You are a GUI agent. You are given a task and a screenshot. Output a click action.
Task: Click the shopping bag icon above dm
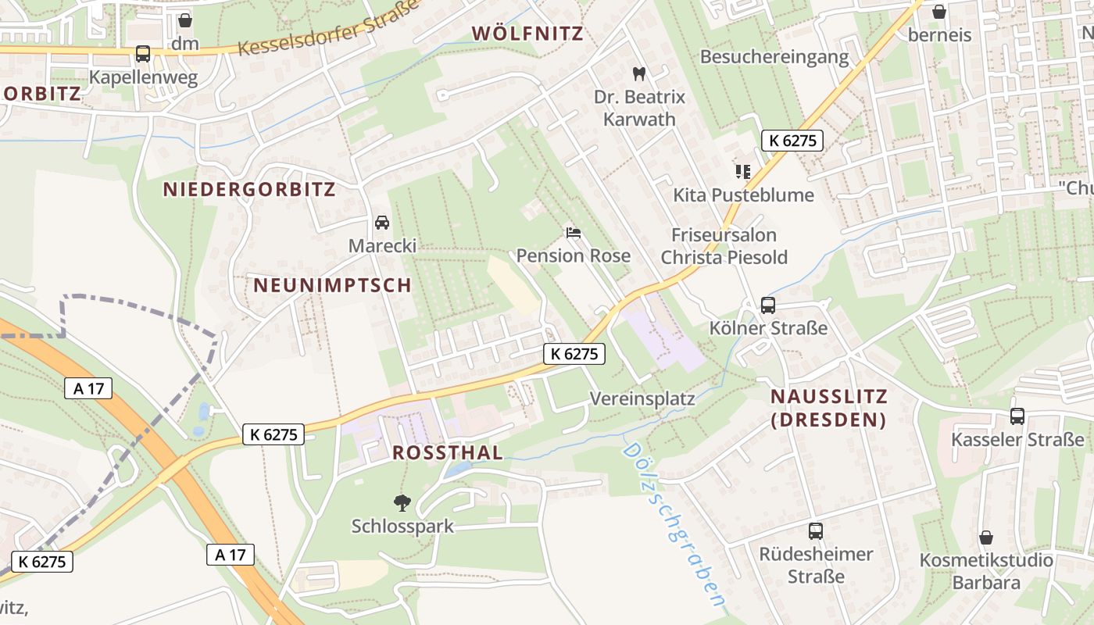[185, 20]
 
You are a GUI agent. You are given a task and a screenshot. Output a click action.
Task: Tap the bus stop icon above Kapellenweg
[143, 54]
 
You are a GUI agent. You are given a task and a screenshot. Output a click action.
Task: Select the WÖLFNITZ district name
[528, 34]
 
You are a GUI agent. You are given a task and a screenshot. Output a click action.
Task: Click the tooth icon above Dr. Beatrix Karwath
[639, 74]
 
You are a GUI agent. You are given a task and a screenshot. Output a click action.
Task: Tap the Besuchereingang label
[774, 57]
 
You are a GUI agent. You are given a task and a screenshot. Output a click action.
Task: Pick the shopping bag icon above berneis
[939, 12]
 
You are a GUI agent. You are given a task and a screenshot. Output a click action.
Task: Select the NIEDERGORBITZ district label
[249, 189]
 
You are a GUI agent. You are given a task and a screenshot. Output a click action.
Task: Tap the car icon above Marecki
[382, 223]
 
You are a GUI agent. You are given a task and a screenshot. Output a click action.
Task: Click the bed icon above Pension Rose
[574, 233]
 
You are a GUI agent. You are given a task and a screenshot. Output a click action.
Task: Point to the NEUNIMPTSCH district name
[332, 285]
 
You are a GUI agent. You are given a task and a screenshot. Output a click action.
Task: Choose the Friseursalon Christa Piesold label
[724, 246]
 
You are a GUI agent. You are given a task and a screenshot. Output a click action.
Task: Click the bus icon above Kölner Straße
[768, 305]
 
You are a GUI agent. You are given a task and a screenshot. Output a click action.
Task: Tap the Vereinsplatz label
[642, 398]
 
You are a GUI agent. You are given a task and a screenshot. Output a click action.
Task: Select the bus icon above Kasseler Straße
[1017, 416]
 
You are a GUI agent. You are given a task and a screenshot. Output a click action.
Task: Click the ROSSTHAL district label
[448, 453]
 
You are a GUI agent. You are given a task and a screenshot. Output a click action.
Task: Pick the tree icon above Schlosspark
[402, 502]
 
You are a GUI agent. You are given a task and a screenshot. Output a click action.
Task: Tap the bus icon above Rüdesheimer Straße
[816, 531]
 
